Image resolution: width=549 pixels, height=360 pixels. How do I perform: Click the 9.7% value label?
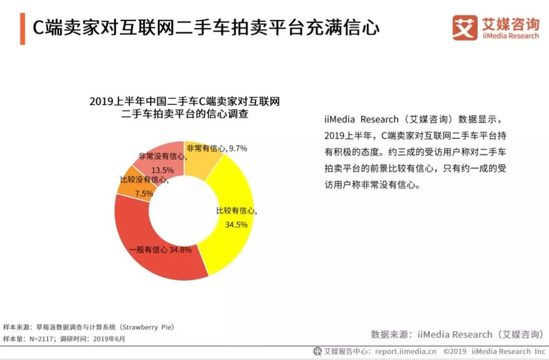pyautogui.click(x=238, y=148)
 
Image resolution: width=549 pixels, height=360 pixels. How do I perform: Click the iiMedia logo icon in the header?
pyautogui.click(x=465, y=27)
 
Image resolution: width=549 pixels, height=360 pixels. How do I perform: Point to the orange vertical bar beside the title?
pyautogui.click(x=22, y=28)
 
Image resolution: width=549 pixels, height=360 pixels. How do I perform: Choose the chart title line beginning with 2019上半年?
pyautogui.click(x=185, y=102)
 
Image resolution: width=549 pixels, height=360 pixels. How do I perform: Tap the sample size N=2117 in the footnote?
pyautogui.click(x=40, y=339)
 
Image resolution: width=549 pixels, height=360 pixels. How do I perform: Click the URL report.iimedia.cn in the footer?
pyautogui.click(x=406, y=351)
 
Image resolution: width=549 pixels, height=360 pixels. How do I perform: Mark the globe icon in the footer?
pyautogui.click(x=318, y=351)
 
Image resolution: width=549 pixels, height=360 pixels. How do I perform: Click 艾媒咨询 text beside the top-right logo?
pyautogui.click(x=510, y=23)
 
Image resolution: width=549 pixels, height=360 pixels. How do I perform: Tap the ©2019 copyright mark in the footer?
pyautogui.click(x=455, y=351)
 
